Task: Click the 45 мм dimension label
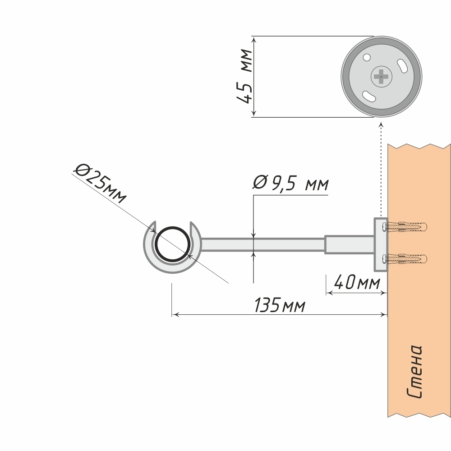(x=245, y=76)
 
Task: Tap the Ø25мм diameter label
(x=101, y=183)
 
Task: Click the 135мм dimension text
(x=280, y=305)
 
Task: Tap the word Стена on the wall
(x=414, y=372)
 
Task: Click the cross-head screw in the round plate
(x=382, y=77)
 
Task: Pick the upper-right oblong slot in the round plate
(x=401, y=65)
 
